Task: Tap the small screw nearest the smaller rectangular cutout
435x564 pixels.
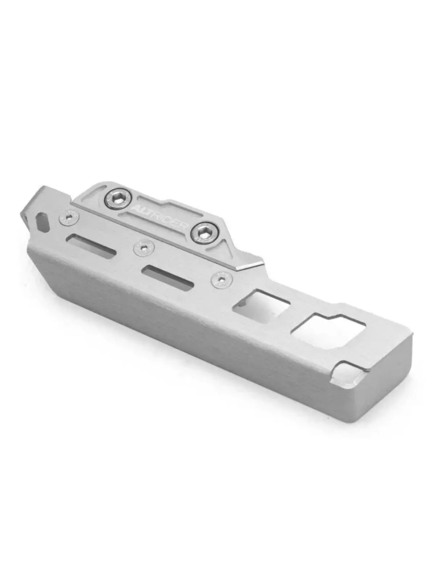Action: (x=222, y=279)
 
